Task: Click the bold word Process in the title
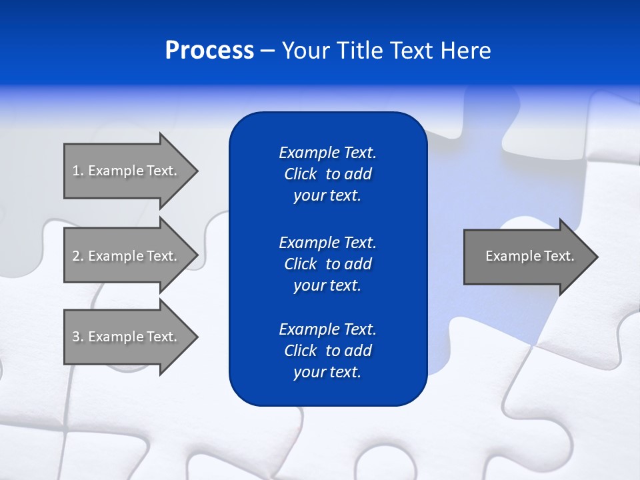[209, 51]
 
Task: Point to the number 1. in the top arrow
[77, 171]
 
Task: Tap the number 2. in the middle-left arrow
[77, 256]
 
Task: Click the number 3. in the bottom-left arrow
[77, 337]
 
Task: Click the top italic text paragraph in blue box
[327, 174]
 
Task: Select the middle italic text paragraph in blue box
[327, 264]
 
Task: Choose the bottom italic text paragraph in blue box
[327, 351]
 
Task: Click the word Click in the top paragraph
[300, 174]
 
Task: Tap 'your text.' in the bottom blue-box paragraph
[327, 372]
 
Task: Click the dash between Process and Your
[268, 51]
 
